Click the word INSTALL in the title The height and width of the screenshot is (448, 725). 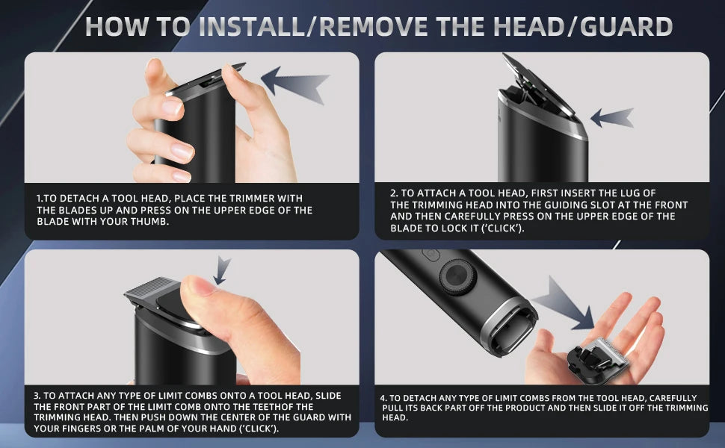coord(252,26)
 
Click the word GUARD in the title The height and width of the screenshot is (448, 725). coord(626,26)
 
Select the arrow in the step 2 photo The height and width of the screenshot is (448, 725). coord(612,118)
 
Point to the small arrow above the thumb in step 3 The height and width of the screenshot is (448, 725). coord(222,270)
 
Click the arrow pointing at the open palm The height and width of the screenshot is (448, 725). coord(564,303)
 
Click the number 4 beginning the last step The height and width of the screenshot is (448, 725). coord(383,398)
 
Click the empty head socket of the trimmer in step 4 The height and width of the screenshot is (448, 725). coord(509,330)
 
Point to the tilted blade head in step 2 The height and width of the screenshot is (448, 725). coord(538,85)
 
